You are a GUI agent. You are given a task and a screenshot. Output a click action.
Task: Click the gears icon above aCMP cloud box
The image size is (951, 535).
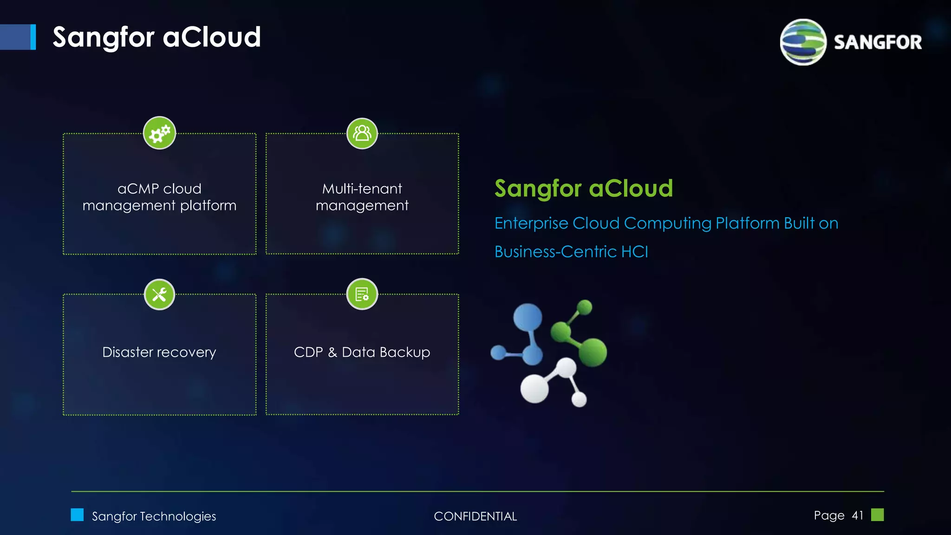159,133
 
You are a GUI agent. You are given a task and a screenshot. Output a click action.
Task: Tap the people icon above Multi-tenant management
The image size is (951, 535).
362,134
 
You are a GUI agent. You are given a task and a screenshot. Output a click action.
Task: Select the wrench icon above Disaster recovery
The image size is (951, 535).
159,294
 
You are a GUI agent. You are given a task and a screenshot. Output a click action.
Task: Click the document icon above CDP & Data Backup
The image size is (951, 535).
362,294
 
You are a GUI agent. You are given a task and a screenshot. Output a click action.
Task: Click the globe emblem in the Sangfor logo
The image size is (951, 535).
803,42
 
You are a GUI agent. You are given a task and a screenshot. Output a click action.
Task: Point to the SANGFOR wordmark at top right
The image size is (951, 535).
878,42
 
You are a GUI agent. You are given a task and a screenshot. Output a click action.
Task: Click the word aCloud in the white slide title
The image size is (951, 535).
212,37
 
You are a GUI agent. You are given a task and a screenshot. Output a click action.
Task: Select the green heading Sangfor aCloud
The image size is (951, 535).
584,189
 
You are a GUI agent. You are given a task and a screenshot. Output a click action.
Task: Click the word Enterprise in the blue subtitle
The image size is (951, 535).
531,223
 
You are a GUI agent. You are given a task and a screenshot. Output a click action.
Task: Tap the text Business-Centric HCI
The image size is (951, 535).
571,252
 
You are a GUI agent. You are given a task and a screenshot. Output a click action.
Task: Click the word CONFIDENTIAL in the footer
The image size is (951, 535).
475,516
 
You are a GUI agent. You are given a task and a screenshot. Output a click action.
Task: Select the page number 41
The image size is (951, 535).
857,515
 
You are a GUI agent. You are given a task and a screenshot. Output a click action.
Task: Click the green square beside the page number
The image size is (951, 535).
877,515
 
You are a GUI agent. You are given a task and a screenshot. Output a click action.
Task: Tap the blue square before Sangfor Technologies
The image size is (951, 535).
77,515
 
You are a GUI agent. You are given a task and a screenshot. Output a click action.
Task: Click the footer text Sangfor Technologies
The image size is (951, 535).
154,516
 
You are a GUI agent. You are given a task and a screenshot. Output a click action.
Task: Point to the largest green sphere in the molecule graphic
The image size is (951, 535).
592,352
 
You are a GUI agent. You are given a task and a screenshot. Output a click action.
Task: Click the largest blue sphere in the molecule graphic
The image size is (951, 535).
528,318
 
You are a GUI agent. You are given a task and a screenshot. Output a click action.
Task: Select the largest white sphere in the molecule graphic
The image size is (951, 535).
534,388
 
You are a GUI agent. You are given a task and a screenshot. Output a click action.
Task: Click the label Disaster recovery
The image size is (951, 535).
159,352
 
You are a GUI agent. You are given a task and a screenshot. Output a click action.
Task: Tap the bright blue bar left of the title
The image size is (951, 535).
33,37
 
